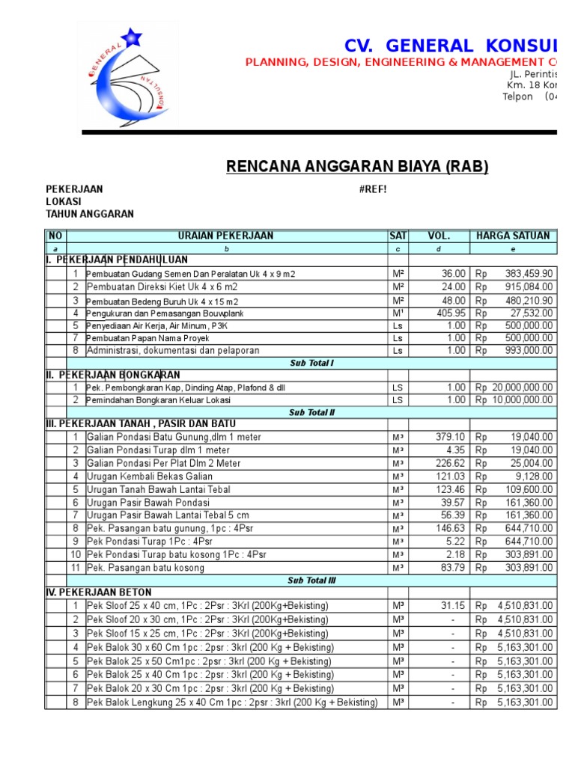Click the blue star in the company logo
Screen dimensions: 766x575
pos(133,34)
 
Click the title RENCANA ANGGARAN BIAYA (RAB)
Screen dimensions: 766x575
pos(357,166)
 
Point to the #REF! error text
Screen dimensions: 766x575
pos(373,189)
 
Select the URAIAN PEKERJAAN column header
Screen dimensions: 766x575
pos(225,236)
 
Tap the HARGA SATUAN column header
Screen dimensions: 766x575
pos(513,236)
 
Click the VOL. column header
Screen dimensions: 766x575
pos(439,236)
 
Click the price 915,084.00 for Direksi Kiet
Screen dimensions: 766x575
pos(524,287)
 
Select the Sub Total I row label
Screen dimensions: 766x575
pos(311,363)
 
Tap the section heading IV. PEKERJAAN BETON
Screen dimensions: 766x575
pos(99,592)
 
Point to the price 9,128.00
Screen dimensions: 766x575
pos(534,477)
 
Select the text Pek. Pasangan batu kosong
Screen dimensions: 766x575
pos(145,568)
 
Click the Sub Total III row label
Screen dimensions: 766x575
pos(311,580)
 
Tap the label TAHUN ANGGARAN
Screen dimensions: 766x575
pos(90,214)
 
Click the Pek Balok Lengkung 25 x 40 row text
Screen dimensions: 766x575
pos(232,702)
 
